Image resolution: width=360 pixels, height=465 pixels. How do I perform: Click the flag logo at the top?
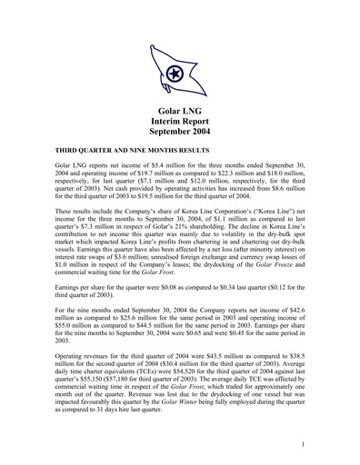pyautogui.click(x=179, y=74)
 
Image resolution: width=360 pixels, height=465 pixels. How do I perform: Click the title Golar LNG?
pyautogui.click(x=179, y=112)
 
